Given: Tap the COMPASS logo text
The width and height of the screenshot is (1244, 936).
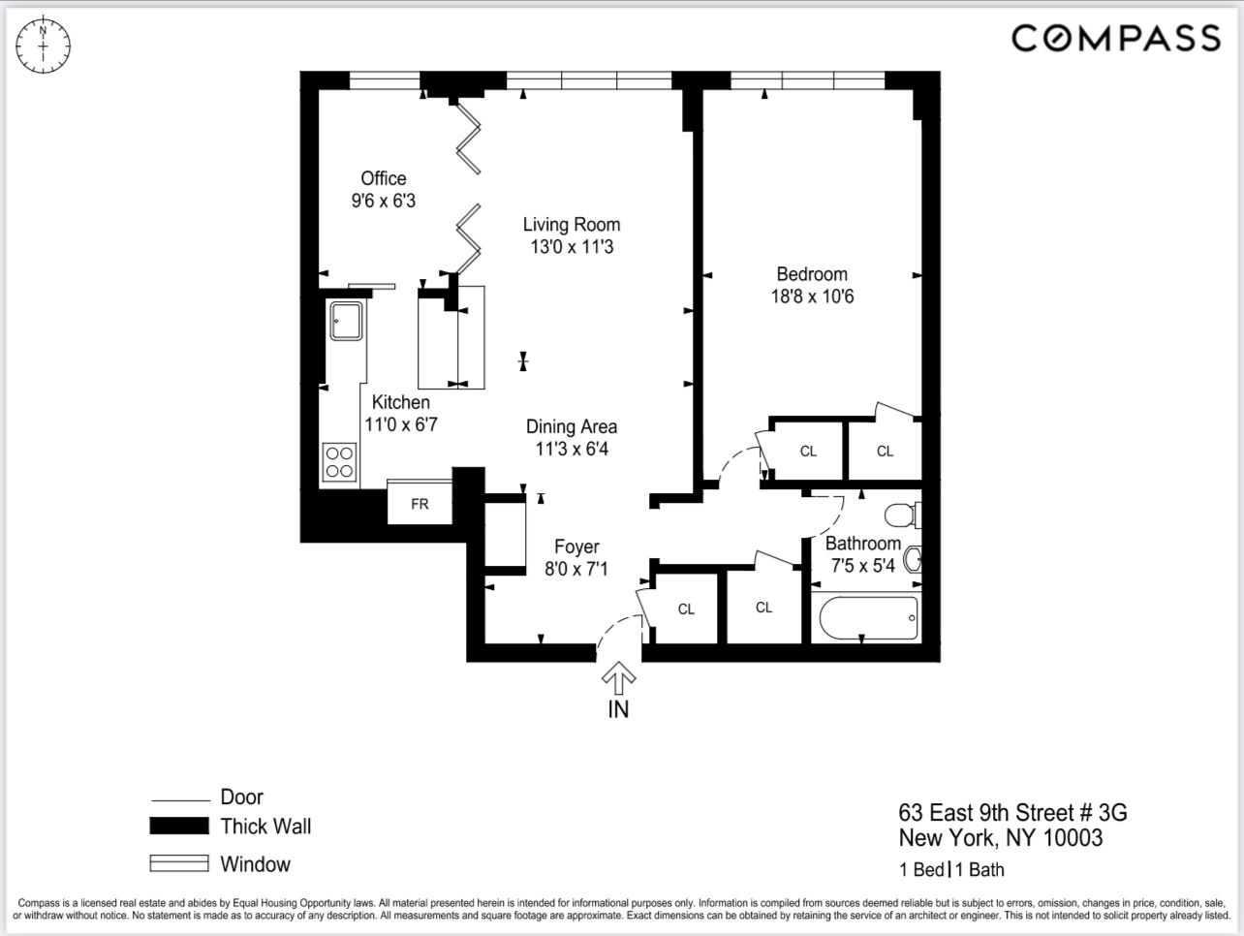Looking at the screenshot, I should pyautogui.click(x=1115, y=39).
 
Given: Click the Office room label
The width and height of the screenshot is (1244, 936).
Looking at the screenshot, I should pyautogui.click(x=384, y=178).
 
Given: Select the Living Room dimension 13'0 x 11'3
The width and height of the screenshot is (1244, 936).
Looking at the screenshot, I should pyautogui.click(x=572, y=247).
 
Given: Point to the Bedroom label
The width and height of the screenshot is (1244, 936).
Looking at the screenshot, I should pyautogui.click(x=812, y=274).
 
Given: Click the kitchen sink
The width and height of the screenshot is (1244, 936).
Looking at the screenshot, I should pyautogui.click(x=346, y=321).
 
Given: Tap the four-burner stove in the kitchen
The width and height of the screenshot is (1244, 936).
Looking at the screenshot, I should pyautogui.click(x=339, y=461).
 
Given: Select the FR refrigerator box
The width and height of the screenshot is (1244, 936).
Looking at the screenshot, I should pyautogui.click(x=420, y=504).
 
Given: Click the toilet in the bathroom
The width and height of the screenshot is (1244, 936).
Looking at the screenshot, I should pyautogui.click(x=903, y=515).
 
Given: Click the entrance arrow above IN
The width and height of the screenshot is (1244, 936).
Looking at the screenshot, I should pyautogui.click(x=618, y=675).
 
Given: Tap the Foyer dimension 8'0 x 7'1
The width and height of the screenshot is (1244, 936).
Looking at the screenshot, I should pyautogui.click(x=576, y=569).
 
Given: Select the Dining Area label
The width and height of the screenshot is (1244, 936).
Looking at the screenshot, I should pyautogui.click(x=572, y=426).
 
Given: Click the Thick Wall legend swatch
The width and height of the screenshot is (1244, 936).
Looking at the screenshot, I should pyautogui.click(x=179, y=827).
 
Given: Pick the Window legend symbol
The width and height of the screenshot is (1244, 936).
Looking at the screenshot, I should pyautogui.click(x=179, y=863).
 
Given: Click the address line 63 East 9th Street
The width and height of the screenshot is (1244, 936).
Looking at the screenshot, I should pyautogui.click(x=1012, y=812).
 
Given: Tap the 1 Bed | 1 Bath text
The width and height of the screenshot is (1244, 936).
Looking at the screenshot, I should pyautogui.click(x=951, y=869).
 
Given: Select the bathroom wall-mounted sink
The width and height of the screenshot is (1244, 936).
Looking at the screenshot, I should pyautogui.click(x=913, y=559).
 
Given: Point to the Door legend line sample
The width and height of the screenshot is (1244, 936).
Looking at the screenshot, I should pyautogui.click(x=180, y=800).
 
